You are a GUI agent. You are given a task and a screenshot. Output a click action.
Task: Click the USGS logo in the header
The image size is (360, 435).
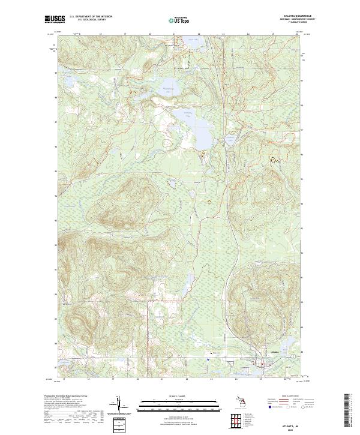coord(55,20)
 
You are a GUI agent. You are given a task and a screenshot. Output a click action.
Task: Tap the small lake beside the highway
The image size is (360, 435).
coord(231,144)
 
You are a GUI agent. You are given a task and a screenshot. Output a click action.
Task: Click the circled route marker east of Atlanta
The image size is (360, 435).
coord(292,356)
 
